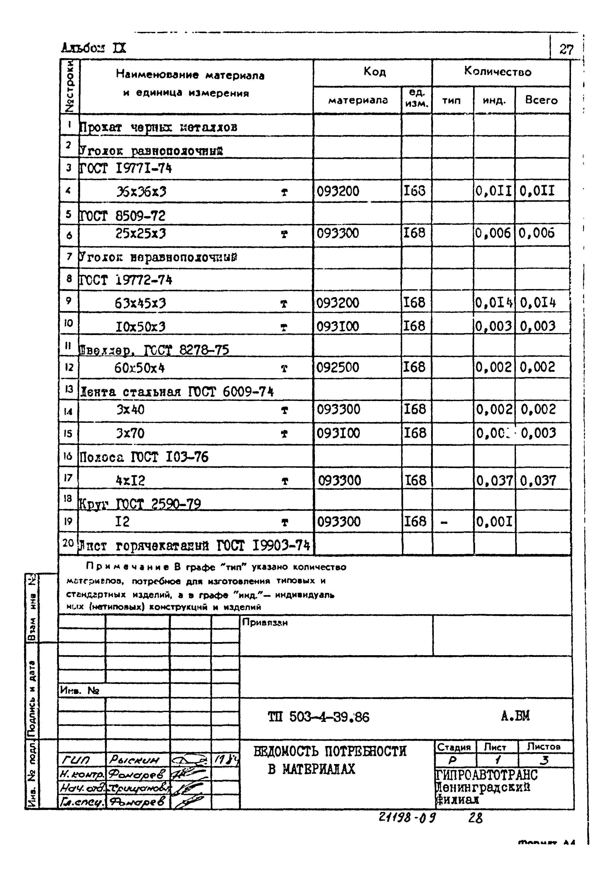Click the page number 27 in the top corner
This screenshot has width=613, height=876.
coord(566,49)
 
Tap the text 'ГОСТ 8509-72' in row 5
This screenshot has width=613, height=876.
coord(122,216)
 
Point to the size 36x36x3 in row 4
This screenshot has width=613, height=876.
coord(141,191)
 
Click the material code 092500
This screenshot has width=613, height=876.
coord(338,367)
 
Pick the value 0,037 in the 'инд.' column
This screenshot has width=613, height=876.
coord(494,480)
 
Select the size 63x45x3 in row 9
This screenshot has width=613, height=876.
coord(140,304)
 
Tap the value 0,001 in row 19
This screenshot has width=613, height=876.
coord(494,521)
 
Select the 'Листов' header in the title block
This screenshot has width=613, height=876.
coord(544,747)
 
